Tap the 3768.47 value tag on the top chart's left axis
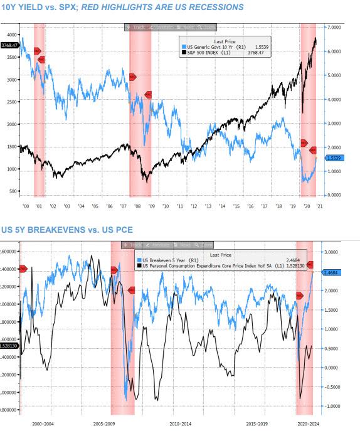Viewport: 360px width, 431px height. click(x=9, y=45)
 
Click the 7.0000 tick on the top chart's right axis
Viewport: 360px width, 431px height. click(x=332, y=28)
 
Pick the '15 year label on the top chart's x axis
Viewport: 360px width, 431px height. click(x=235, y=205)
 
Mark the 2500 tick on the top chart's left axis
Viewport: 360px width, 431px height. click(x=13, y=102)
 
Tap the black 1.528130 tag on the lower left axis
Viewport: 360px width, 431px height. click(x=9, y=346)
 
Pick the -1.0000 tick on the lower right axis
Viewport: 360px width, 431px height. click(x=332, y=406)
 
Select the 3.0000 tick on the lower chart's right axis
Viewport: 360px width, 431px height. click(x=332, y=251)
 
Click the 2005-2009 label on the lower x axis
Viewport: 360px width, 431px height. click(x=107, y=424)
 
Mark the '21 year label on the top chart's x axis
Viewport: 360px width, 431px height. click(x=319, y=205)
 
